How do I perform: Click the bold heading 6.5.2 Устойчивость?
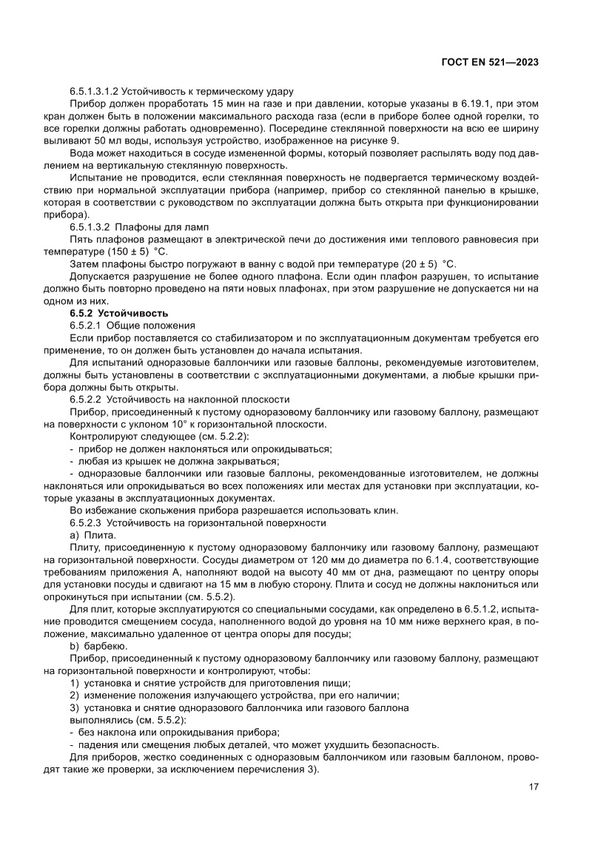pos(119,313)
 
